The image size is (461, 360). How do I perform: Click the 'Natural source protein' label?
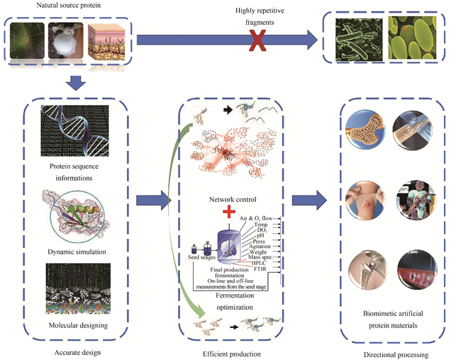tap(66, 9)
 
